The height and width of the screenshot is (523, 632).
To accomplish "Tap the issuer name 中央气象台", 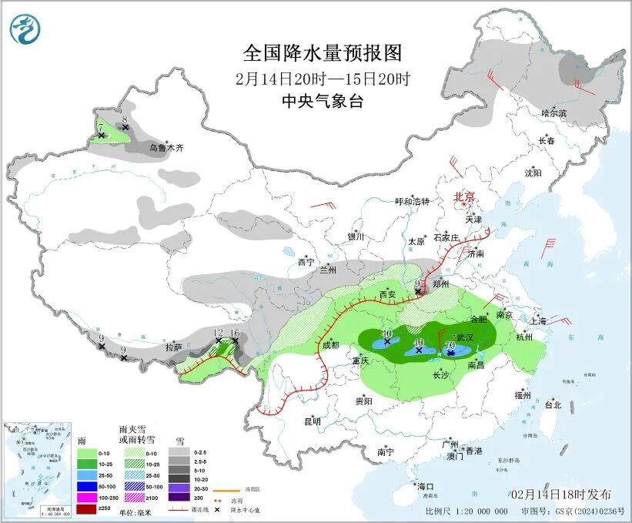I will (x=322, y=102).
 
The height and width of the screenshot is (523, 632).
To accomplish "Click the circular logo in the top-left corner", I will (x=25, y=29).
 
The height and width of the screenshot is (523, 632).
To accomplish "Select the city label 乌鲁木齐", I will (x=167, y=147).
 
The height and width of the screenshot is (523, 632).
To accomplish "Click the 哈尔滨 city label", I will (x=553, y=113).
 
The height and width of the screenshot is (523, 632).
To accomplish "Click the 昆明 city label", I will (x=312, y=421).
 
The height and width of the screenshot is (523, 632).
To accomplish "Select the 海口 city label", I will (x=425, y=486).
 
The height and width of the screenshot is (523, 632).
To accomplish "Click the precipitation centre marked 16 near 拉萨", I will (x=235, y=334).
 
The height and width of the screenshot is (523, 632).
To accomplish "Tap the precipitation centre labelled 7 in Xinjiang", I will (x=100, y=129).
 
